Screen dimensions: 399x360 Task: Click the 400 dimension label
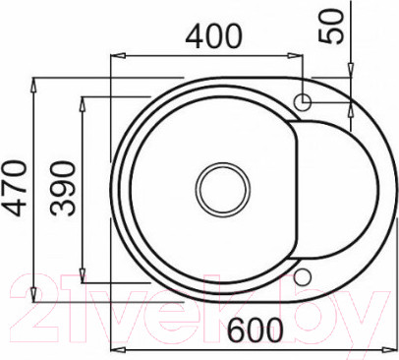tap(213, 36)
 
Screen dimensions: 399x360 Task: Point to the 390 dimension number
tap(63, 189)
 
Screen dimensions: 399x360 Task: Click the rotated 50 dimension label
tap(332, 27)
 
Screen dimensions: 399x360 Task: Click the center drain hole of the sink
tap(223, 189)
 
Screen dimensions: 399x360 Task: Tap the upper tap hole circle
tap(302, 102)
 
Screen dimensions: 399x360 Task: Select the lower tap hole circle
tap(302, 277)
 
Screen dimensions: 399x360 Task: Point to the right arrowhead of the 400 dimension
tap(295, 56)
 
